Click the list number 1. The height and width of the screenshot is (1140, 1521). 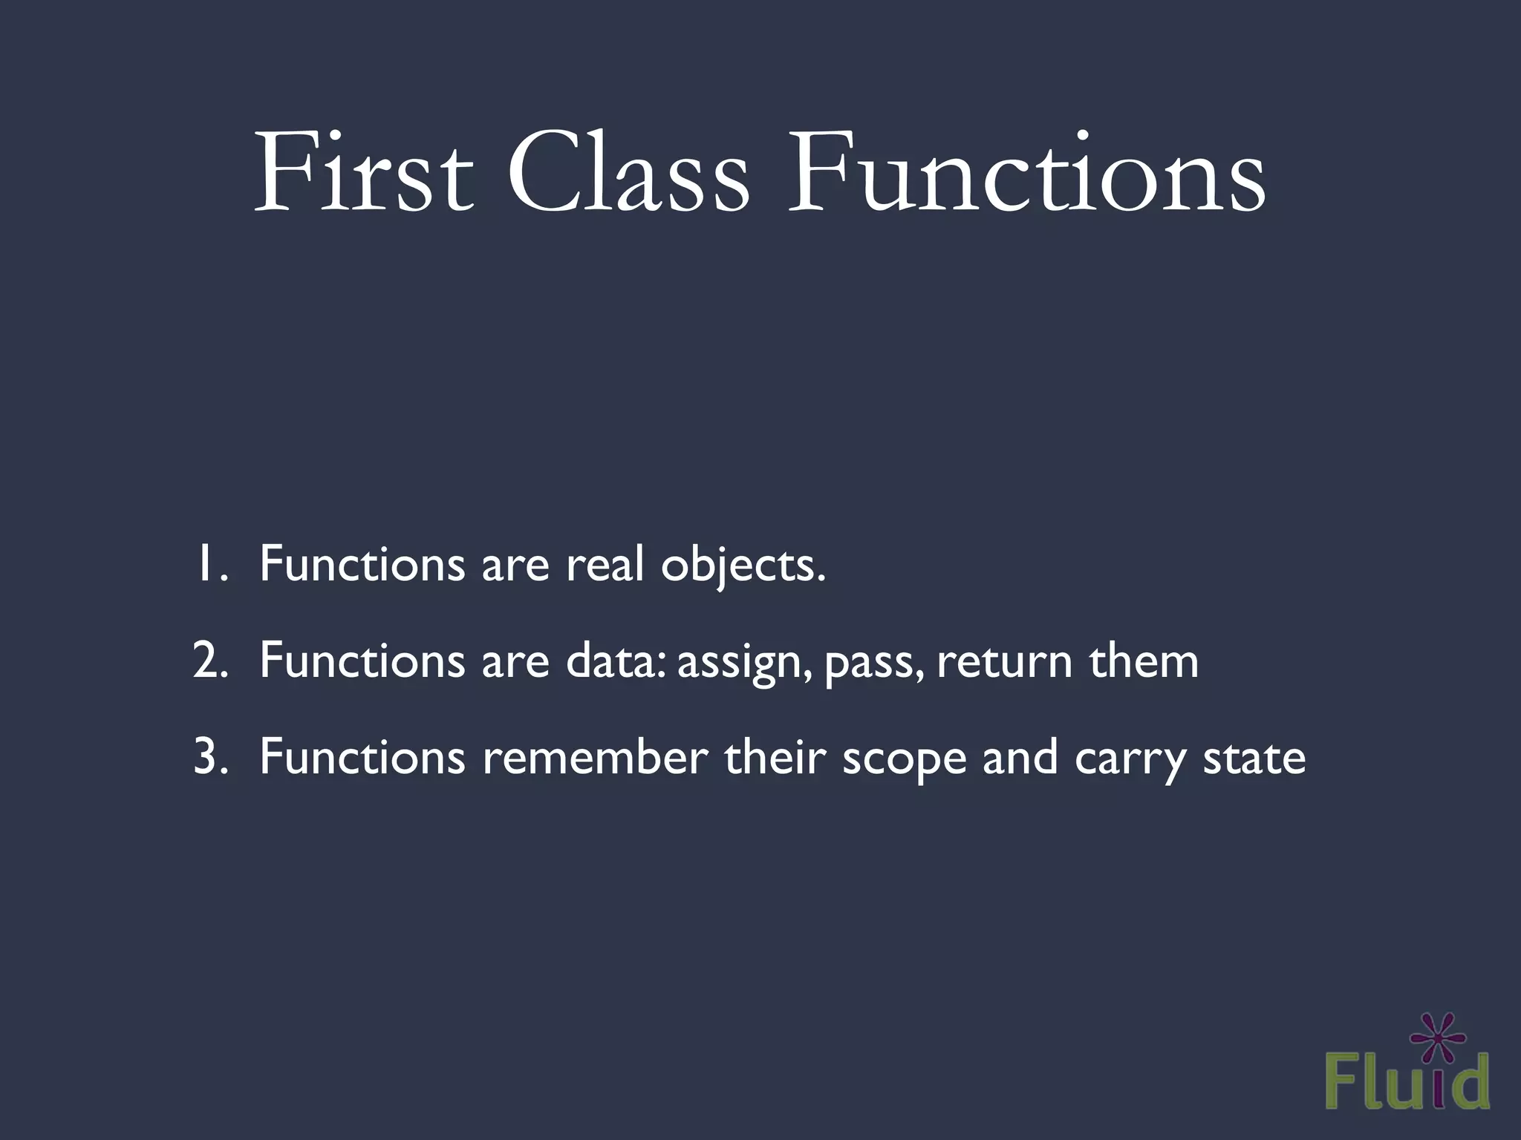click(x=207, y=564)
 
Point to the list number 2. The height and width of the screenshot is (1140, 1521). click(x=209, y=661)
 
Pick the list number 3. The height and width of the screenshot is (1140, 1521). click(x=209, y=757)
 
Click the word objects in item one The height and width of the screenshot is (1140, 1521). click(x=743, y=566)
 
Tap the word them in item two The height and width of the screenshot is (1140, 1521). click(x=1144, y=661)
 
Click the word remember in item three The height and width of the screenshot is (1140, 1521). click(x=595, y=757)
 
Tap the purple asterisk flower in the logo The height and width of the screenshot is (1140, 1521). click(x=1437, y=1038)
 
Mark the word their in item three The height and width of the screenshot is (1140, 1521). click(x=775, y=757)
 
